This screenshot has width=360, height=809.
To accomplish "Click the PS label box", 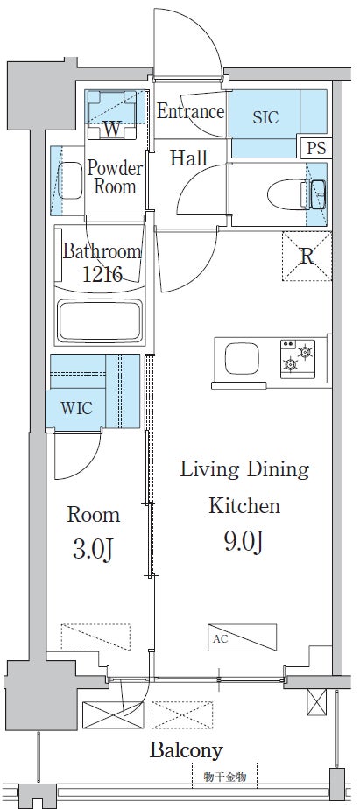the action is pos(315,148).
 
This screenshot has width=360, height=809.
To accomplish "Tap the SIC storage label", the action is pos(265,117).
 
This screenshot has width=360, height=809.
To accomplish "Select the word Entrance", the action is pos(191,111).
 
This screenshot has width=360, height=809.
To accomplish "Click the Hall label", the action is pos(188,158).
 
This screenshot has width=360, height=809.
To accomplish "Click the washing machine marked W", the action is pos(111,115).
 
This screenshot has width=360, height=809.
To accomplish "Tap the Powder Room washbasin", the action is pos(70,180).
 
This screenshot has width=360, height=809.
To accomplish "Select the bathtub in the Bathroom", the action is pos(100,320).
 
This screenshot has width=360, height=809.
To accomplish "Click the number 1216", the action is pos(102,274).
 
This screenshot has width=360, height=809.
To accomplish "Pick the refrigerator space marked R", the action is pos(307,257).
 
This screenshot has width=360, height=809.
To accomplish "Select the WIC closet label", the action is pos(77,408).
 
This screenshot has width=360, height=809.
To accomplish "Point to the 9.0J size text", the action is pos(244,542).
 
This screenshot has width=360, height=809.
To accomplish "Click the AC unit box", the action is pos(243,637).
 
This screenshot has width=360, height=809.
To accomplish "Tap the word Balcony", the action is pos(187,750).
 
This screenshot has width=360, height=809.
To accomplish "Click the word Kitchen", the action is pos(244,506).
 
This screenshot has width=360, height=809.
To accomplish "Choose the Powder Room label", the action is pos(115,177).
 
